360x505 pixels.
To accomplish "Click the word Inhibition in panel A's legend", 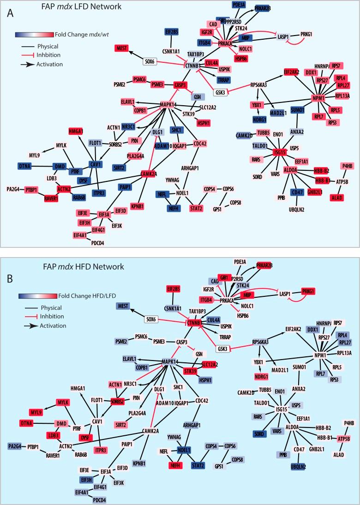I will [48, 55].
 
